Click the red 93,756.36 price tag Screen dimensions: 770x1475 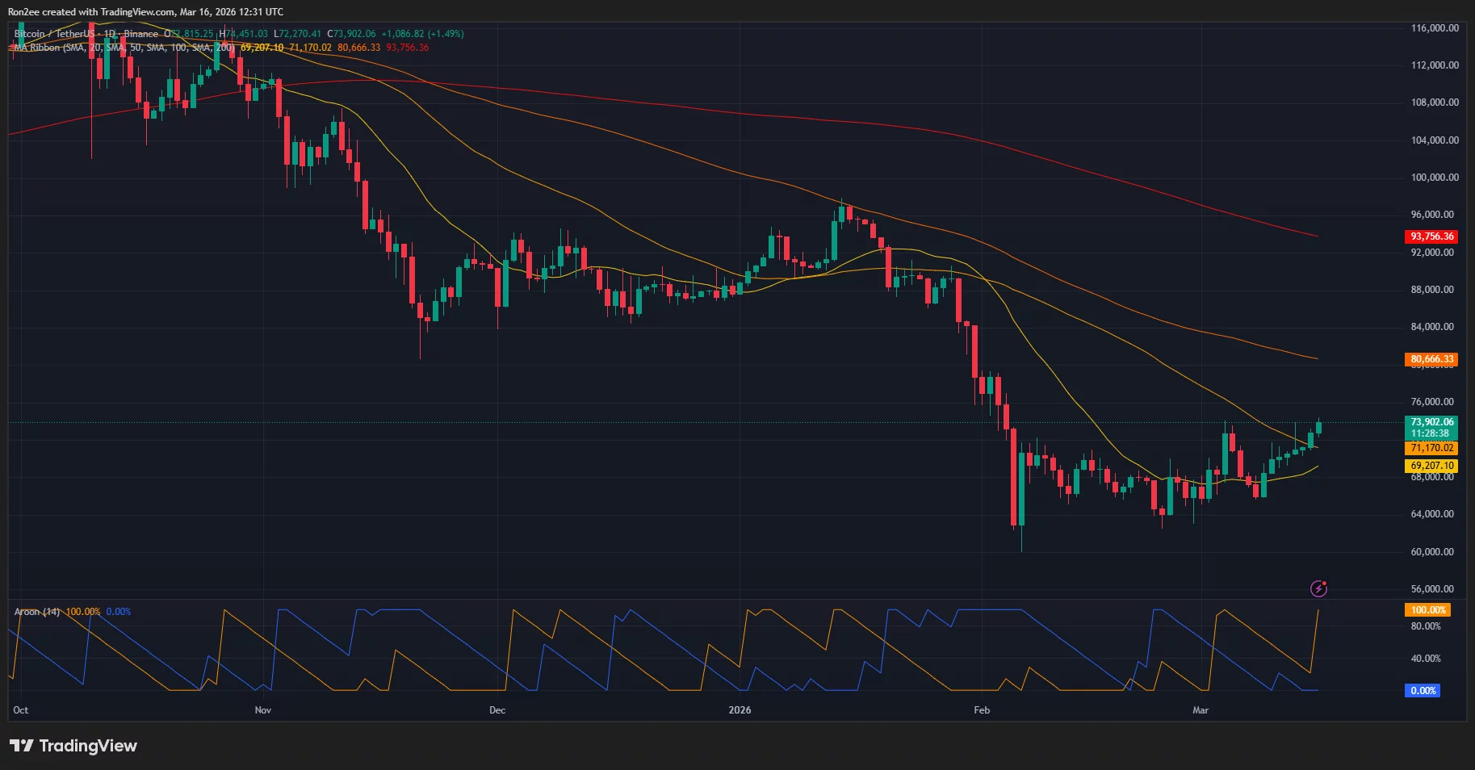pyautogui.click(x=1431, y=236)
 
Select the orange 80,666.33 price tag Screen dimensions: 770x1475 pyautogui.click(x=1431, y=359)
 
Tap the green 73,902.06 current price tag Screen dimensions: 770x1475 pyautogui.click(x=1431, y=422)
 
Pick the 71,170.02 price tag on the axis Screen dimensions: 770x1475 pyautogui.click(x=1431, y=448)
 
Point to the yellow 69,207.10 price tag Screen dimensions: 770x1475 pyautogui.click(x=1431, y=466)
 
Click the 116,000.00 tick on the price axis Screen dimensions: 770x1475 pyautogui.click(x=1435, y=28)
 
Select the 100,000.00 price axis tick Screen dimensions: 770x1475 pyautogui.click(x=1435, y=178)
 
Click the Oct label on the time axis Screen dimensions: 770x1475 pyautogui.click(x=21, y=710)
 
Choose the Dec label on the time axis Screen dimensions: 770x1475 pyautogui.click(x=497, y=710)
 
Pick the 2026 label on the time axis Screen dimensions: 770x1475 pyautogui.click(x=740, y=710)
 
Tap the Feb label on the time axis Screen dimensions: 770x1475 pyautogui.click(x=982, y=710)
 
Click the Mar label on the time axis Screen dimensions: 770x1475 pyautogui.click(x=1201, y=710)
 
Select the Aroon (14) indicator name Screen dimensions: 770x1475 pyautogui.click(x=37, y=612)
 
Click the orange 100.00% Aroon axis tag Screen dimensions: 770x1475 pyautogui.click(x=1428, y=610)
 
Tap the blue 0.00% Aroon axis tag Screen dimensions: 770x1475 pyautogui.click(x=1423, y=691)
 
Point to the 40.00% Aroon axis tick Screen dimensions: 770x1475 pyautogui.click(x=1425, y=659)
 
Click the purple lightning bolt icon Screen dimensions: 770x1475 pyautogui.click(x=1318, y=588)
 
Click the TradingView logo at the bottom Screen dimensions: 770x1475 pyautogui.click(x=73, y=746)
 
